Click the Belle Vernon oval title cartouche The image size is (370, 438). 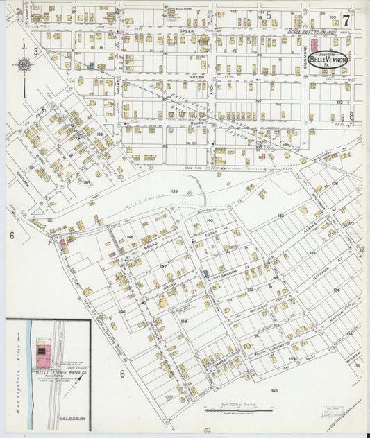[330, 60]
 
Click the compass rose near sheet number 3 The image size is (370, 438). [24, 65]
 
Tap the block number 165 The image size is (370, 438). [274, 390]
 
